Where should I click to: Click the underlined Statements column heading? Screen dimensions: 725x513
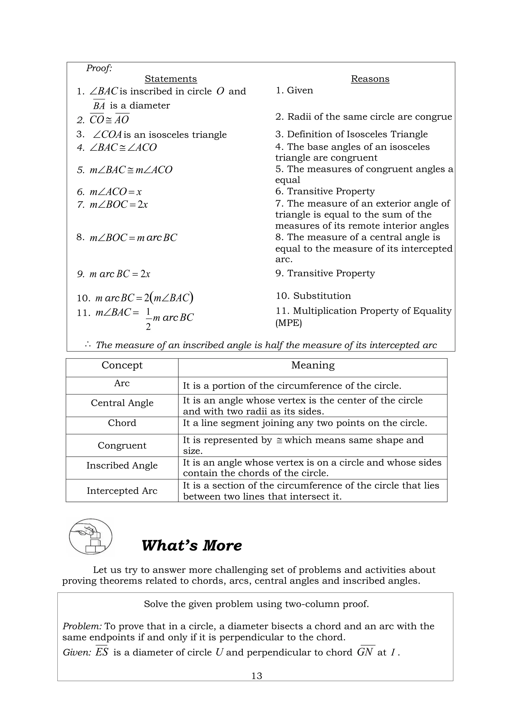point(171,79)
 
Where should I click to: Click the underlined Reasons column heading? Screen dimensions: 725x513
point(370,79)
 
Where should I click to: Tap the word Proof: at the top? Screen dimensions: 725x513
point(99,68)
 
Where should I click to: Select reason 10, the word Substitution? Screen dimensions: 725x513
point(322,296)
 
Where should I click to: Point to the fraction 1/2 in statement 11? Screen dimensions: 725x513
point(148,319)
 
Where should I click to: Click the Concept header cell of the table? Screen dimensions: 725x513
point(122,365)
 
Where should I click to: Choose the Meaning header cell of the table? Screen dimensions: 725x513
point(312,365)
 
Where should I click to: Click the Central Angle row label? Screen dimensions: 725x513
point(122,403)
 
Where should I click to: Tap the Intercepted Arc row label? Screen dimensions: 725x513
point(122,491)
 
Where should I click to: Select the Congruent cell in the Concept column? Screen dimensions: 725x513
point(122,446)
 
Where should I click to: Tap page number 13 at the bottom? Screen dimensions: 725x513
point(256,676)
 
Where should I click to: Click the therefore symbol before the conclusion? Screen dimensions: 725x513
point(88,345)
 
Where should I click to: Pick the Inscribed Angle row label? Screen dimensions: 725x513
point(122,466)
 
